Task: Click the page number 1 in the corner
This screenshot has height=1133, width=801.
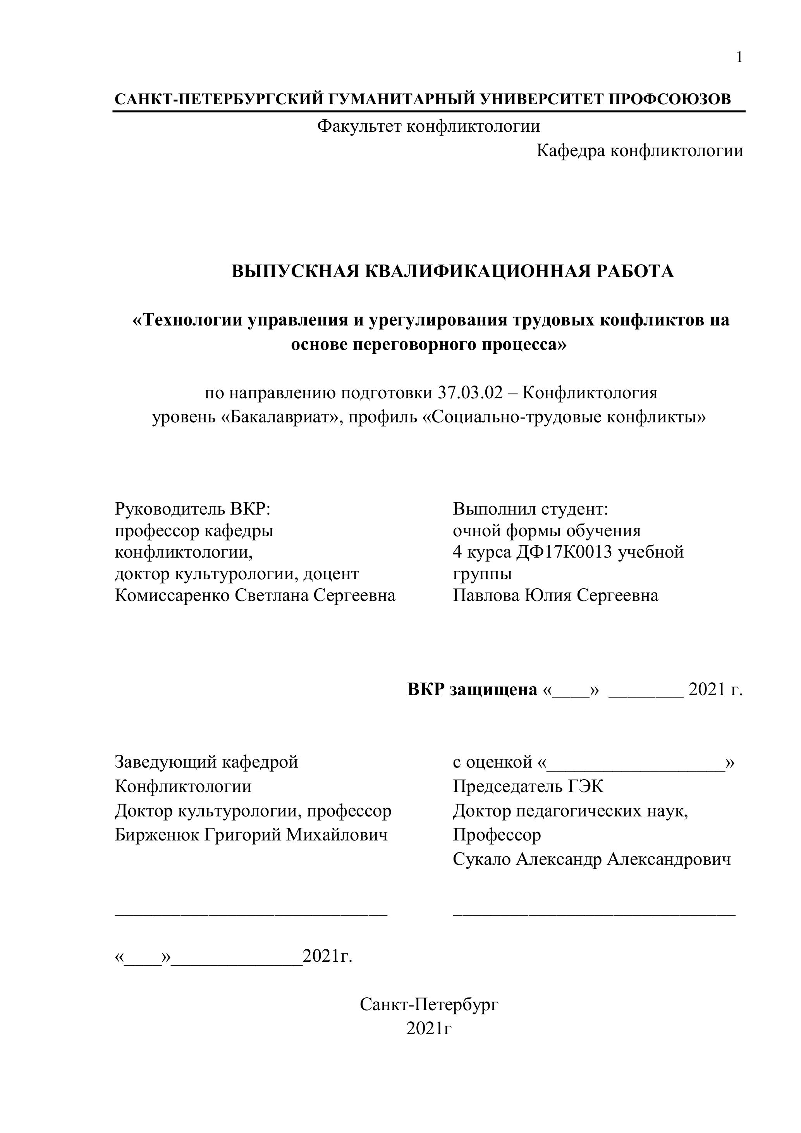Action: [x=739, y=58]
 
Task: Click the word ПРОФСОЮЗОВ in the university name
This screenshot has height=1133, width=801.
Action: [x=669, y=99]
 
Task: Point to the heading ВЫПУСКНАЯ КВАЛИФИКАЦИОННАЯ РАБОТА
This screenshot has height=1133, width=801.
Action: [x=452, y=271]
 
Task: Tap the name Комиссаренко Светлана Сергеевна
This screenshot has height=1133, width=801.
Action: [x=255, y=595]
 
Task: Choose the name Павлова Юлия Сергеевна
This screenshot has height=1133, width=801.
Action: [x=555, y=595]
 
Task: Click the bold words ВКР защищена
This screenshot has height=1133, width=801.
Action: [x=472, y=689]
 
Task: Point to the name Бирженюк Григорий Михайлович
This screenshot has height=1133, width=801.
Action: [x=251, y=835]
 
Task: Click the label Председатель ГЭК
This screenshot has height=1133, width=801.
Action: [x=528, y=786]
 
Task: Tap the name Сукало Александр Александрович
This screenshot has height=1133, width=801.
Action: [x=591, y=859]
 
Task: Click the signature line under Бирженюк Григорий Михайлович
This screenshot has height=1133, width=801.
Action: [x=251, y=914]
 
